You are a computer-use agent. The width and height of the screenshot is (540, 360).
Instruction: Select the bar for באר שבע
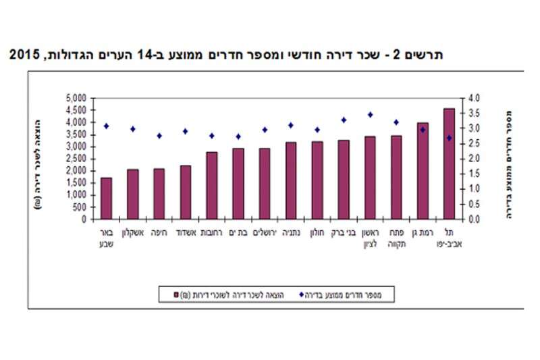point(106,199)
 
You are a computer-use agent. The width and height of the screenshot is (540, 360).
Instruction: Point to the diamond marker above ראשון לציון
point(370,115)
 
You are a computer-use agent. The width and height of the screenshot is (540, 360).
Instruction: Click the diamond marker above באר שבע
point(106,126)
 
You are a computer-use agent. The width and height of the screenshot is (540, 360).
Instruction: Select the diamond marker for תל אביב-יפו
point(449,138)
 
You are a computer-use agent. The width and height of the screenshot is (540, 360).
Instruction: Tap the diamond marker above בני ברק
point(344,120)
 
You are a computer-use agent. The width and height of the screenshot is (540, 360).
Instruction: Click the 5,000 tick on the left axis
point(76,98)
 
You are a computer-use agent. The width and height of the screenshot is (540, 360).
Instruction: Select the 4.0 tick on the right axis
point(474,98)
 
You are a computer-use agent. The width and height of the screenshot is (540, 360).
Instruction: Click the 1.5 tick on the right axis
point(474,174)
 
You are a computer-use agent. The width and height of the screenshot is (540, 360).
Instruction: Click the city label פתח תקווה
point(396,238)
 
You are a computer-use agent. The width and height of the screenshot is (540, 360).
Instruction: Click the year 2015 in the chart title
point(23,53)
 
